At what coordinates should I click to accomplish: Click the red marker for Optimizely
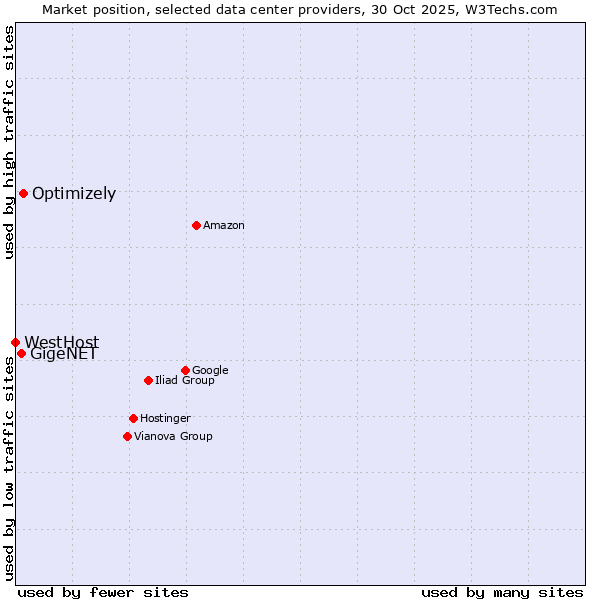coord(23,193)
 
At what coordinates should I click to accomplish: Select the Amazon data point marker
coord(196,225)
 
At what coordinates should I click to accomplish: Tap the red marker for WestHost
coord(15,342)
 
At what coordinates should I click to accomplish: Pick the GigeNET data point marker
coord(21,353)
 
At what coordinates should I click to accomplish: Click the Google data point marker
coord(185,370)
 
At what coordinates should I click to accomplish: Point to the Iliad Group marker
coord(148,380)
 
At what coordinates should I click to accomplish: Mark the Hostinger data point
coord(133,418)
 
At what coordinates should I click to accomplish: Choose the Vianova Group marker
coord(127,436)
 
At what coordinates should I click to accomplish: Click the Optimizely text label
coord(74,194)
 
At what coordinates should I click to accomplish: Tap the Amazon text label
coord(224,226)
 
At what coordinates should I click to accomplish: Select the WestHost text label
coord(62,343)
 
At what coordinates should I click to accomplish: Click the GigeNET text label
coord(64,354)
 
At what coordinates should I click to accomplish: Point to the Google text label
coord(210,371)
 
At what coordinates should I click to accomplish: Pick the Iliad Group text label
coord(185,381)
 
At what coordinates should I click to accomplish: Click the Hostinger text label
coord(165,419)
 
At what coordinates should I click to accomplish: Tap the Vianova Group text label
coord(173,437)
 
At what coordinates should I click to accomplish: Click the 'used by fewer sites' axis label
coord(103,592)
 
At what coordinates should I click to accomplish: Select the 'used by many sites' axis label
coord(502,592)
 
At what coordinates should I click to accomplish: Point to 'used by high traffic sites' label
coord(9,142)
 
